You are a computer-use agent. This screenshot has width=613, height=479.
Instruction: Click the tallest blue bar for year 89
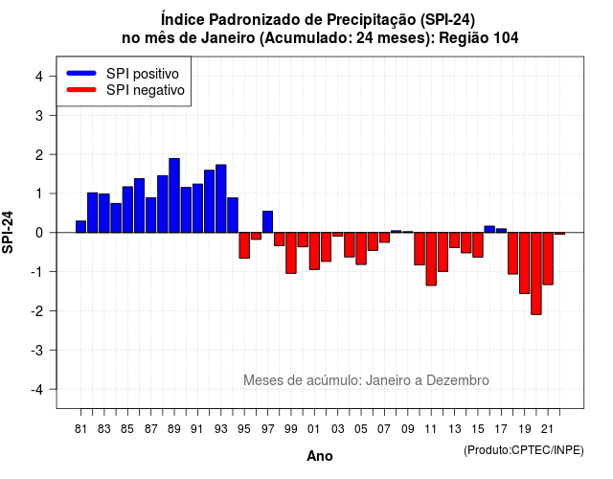coord(174,195)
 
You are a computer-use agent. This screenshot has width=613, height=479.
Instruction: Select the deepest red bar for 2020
coord(536,273)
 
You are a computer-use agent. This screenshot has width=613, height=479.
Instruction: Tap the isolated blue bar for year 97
coord(268,221)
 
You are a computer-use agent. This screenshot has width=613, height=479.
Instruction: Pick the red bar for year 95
coord(244,245)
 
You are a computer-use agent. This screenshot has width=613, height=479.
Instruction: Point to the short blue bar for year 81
coord(80,227)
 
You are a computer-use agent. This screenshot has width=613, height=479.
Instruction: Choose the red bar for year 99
coord(291,253)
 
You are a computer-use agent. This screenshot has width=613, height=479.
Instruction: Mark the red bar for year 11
coord(431,259)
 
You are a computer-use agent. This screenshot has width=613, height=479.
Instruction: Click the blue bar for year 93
coord(221,198)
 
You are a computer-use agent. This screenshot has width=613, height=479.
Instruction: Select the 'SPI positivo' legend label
coord(143,74)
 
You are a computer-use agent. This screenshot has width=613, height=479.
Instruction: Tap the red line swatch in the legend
coord(81,90)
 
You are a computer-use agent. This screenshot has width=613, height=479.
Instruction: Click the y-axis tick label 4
coord(39,77)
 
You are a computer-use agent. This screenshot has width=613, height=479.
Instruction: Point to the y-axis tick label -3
coord(37,350)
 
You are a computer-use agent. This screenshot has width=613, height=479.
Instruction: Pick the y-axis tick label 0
coord(39,233)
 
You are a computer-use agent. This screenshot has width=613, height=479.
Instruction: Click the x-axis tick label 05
coord(361,429)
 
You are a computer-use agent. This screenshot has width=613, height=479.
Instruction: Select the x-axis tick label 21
coord(547,429)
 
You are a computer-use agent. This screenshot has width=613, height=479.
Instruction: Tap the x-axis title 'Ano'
coord(320,456)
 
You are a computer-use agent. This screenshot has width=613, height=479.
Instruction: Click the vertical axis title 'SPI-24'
coord(8,232)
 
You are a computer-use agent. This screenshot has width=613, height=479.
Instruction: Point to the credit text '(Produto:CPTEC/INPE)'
coord(524,450)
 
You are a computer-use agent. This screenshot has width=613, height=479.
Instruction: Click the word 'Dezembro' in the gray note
coord(458,380)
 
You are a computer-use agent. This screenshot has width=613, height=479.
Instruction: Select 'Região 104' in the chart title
coord(479,38)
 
